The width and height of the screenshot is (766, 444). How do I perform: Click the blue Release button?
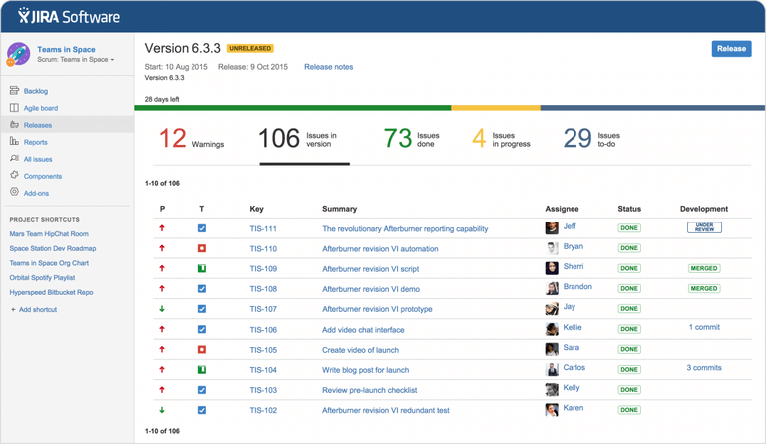click(x=731, y=48)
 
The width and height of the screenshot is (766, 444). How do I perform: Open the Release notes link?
click(x=328, y=67)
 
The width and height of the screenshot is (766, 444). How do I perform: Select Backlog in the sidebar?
click(x=36, y=91)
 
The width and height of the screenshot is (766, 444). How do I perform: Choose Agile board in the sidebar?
click(x=40, y=108)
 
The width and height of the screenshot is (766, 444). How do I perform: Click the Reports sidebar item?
click(x=36, y=142)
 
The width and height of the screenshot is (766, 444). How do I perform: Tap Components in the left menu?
click(x=43, y=176)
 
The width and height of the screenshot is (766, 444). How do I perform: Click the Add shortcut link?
click(x=37, y=310)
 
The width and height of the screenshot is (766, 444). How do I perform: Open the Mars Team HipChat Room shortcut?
click(x=49, y=234)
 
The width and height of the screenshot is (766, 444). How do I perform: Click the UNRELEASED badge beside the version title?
click(x=250, y=48)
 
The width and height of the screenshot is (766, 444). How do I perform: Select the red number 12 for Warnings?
click(x=173, y=139)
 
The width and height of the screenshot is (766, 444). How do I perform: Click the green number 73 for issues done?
click(x=398, y=139)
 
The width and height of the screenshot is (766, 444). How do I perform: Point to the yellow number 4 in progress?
click(x=479, y=139)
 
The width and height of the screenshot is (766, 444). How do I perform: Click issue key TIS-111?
click(x=263, y=229)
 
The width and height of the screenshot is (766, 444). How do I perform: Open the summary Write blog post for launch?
click(x=365, y=370)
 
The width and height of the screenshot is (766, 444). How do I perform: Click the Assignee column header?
click(x=562, y=209)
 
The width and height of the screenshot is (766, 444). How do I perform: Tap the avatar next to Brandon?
click(x=552, y=289)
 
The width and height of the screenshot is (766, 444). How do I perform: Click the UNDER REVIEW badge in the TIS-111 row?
click(x=704, y=228)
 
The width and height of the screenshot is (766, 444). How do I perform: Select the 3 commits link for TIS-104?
click(x=704, y=368)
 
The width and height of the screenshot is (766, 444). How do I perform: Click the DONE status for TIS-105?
click(x=629, y=350)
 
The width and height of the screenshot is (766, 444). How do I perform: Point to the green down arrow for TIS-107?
click(x=162, y=309)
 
